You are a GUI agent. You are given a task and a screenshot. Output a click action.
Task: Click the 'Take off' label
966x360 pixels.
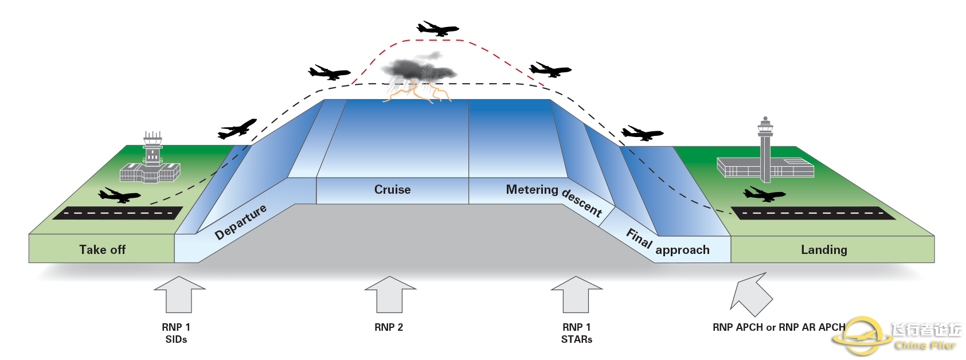(x=102, y=249)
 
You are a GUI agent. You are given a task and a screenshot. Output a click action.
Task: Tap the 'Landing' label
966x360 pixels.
(x=824, y=249)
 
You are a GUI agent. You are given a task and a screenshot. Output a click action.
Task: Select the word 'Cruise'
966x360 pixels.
(x=392, y=190)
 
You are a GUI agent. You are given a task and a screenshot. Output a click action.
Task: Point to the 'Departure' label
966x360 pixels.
(x=240, y=222)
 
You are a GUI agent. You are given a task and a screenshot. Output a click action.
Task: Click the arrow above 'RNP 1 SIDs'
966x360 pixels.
(x=179, y=294)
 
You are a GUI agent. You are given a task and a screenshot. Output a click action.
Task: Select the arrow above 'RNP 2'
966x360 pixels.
(x=390, y=294)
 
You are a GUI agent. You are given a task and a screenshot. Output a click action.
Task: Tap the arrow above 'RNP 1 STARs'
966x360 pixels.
(x=576, y=294)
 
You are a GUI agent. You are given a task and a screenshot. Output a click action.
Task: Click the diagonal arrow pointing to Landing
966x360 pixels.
(x=752, y=294)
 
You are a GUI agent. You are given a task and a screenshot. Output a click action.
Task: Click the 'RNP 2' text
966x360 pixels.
(x=389, y=327)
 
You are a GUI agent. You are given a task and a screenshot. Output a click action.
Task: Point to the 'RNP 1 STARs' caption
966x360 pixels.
(x=576, y=333)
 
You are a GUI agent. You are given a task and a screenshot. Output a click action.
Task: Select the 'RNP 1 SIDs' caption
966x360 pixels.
(x=176, y=333)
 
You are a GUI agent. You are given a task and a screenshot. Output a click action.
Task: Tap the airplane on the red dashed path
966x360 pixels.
(x=437, y=28)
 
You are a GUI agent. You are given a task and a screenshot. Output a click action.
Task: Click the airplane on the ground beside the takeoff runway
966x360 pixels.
(x=119, y=195)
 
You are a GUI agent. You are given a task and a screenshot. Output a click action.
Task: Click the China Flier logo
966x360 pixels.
(x=897, y=336)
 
